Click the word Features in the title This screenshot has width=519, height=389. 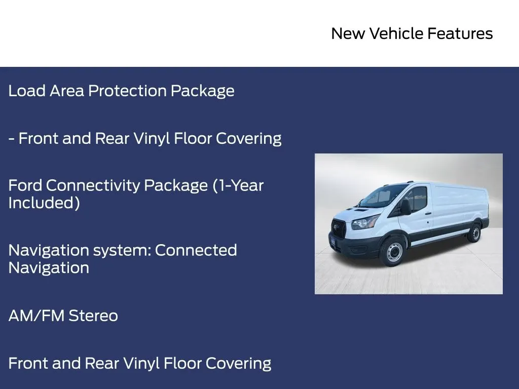(460, 33)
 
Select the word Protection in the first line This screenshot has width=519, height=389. (127, 91)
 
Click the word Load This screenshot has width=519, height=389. (27, 91)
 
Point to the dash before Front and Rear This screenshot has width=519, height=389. (11, 139)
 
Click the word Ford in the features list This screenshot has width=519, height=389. (25, 185)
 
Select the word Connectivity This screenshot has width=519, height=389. (93, 186)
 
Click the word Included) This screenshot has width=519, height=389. (44, 203)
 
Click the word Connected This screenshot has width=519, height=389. (196, 250)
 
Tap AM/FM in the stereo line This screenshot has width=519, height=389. (36, 316)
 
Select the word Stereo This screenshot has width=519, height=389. (93, 316)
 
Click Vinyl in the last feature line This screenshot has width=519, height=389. (141, 364)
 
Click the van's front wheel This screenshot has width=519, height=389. (394, 252)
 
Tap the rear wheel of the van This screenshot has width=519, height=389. (475, 233)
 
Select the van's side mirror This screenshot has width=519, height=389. (406, 207)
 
